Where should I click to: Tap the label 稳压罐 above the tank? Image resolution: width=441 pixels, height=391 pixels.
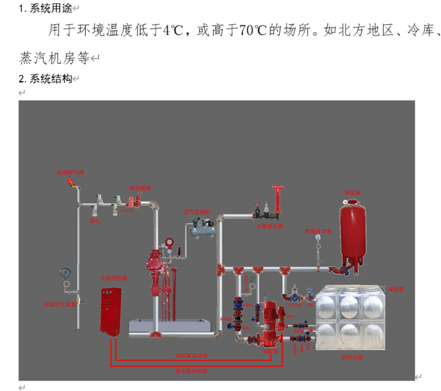coord(352,192)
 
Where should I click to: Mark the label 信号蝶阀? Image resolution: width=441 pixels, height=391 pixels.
coord(140,188)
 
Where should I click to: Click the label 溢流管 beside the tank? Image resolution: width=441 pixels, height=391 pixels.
coord(395,288)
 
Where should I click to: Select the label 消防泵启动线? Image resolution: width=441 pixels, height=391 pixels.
coord(192,356)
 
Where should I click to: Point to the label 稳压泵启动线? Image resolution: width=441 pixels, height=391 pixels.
coord(191,370)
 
